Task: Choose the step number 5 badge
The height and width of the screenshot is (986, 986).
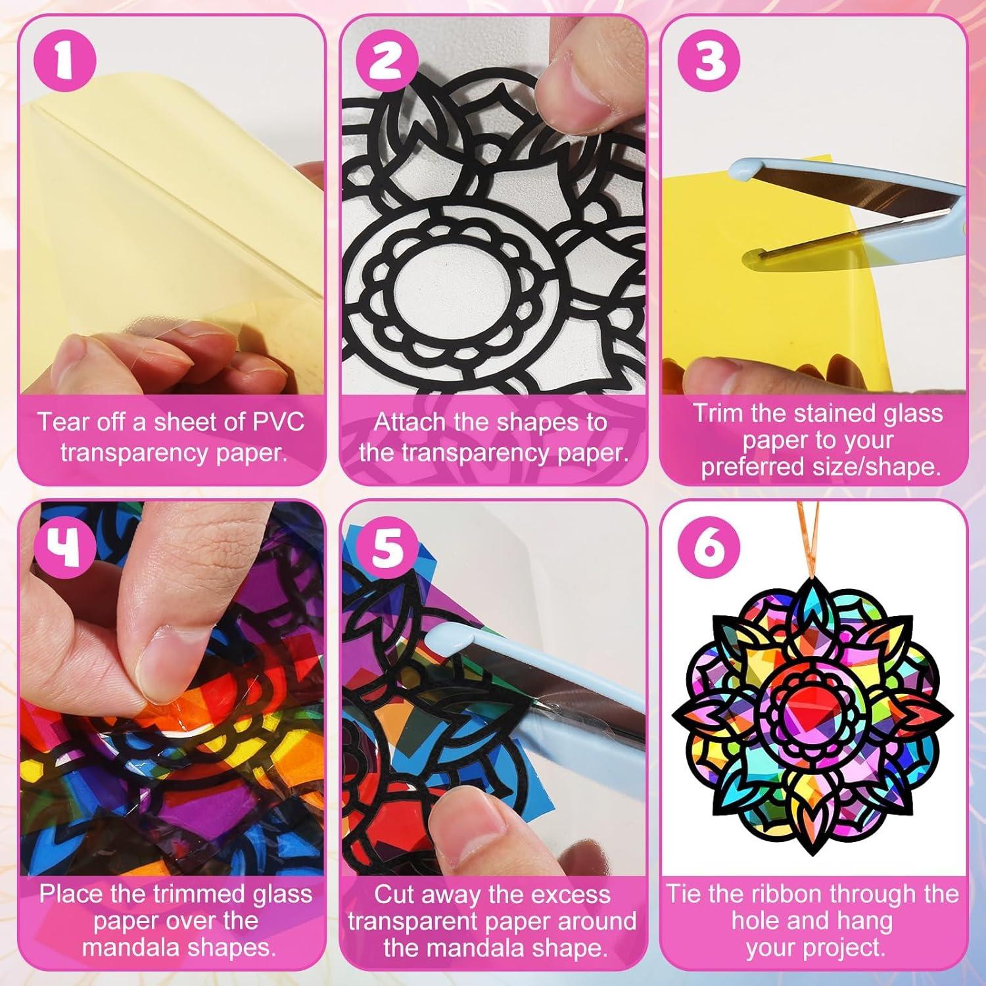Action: click(x=386, y=547)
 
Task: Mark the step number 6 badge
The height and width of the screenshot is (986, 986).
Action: click(x=709, y=547)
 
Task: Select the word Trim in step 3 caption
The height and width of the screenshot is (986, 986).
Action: click(x=717, y=413)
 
